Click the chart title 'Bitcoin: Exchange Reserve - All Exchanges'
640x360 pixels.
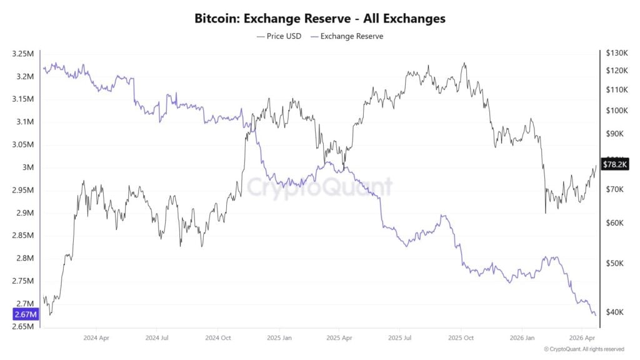[x=320, y=18]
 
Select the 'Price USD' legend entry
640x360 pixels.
[x=279, y=36]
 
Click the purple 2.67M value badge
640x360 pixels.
[x=26, y=314]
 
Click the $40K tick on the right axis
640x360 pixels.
[x=614, y=312]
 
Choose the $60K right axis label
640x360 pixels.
[x=614, y=222]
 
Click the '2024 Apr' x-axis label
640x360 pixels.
[x=97, y=337]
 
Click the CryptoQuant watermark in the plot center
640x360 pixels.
[x=319, y=186]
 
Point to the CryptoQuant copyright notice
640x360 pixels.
[x=584, y=349]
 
